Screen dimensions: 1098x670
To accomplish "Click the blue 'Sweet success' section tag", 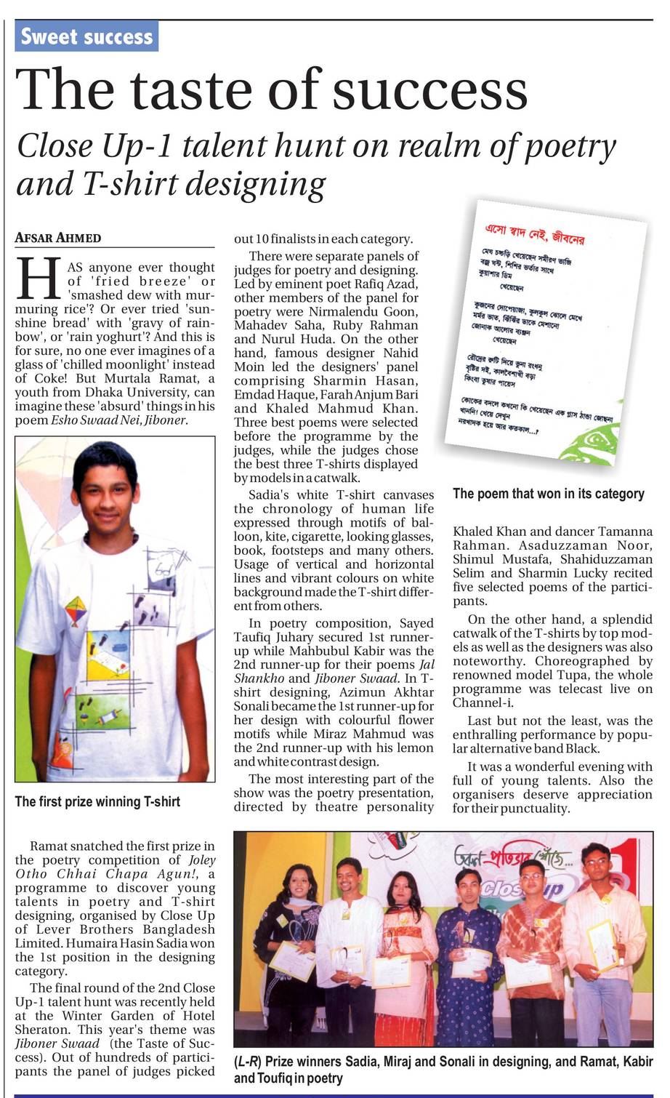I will (x=86, y=36).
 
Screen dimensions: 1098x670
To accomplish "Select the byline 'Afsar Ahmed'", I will (x=58, y=238).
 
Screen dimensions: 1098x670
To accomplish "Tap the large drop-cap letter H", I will (x=38, y=278).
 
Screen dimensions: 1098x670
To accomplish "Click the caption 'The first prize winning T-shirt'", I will (x=97, y=801).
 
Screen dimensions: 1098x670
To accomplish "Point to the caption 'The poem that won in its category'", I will (x=548, y=494).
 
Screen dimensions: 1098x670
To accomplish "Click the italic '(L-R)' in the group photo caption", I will (x=249, y=1062).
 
